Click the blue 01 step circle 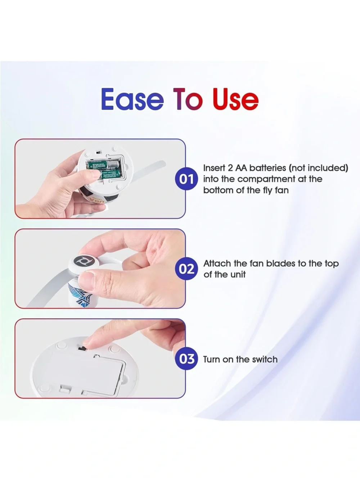(186, 179)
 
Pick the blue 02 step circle (186, 269)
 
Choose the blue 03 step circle (186, 359)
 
